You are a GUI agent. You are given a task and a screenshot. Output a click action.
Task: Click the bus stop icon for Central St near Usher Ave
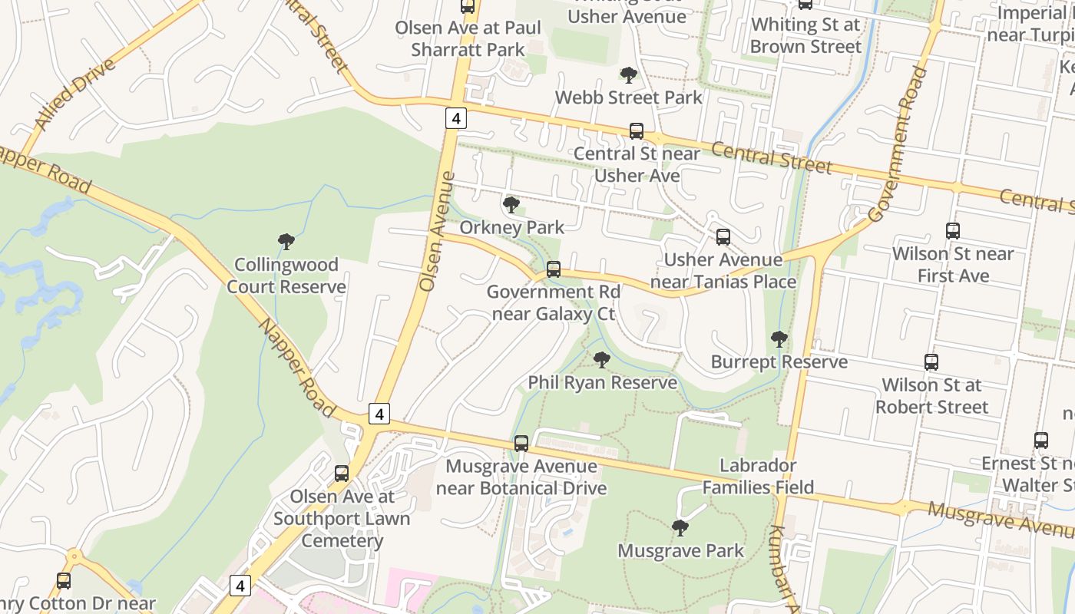(x=636, y=131)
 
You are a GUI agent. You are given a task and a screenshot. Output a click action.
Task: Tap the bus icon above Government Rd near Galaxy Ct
(x=553, y=269)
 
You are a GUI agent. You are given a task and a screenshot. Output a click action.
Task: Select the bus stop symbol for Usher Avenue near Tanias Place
(x=723, y=237)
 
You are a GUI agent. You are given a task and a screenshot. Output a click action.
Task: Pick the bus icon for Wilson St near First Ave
(x=953, y=230)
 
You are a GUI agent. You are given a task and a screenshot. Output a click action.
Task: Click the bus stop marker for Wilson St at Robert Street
(x=931, y=362)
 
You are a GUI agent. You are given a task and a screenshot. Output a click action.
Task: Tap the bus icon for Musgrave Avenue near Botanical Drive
(x=521, y=444)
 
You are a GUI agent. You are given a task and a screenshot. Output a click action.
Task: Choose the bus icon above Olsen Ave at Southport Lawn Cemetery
(x=342, y=474)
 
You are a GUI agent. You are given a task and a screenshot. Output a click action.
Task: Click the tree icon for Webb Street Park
(x=628, y=75)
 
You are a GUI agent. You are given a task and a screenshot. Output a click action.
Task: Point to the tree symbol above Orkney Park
(x=511, y=205)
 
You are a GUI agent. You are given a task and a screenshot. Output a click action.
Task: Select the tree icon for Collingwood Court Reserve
(x=286, y=243)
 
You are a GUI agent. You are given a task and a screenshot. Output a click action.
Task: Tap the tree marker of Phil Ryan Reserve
(x=602, y=359)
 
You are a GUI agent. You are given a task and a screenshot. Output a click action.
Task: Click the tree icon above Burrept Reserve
(x=779, y=339)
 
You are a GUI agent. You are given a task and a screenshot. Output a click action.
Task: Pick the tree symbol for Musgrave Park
(x=680, y=528)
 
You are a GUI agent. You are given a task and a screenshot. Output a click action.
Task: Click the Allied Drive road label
(x=74, y=93)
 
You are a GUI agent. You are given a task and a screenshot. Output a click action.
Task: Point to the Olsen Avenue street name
(x=438, y=230)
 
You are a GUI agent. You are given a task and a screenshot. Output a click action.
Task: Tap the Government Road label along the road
(x=898, y=144)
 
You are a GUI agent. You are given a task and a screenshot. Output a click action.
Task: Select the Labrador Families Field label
(x=758, y=476)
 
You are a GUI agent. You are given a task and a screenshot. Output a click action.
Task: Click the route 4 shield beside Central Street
(x=456, y=118)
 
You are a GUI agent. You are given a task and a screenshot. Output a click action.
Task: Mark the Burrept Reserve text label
(x=779, y=361)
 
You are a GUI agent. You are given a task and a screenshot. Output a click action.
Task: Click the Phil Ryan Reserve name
(x=602, y=382)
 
